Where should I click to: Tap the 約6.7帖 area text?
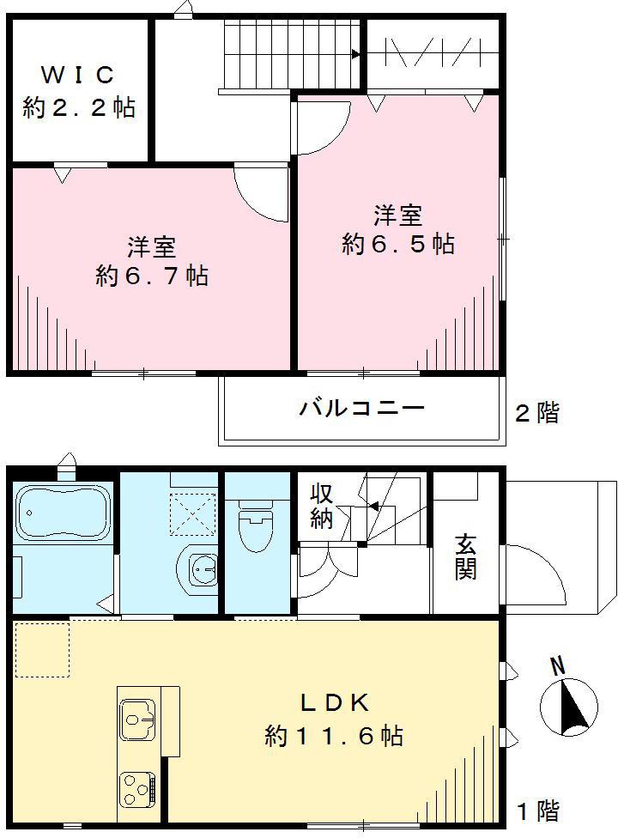click(152, 276)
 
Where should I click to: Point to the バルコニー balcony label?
click(361, 408)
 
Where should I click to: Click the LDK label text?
click(334, 703)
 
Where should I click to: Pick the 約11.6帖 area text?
click(334, 736)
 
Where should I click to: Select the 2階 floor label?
click(536, 413)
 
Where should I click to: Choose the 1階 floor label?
click(538, 810)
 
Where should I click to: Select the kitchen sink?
click(138, 718)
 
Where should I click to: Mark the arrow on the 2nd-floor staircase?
click(354, 54)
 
